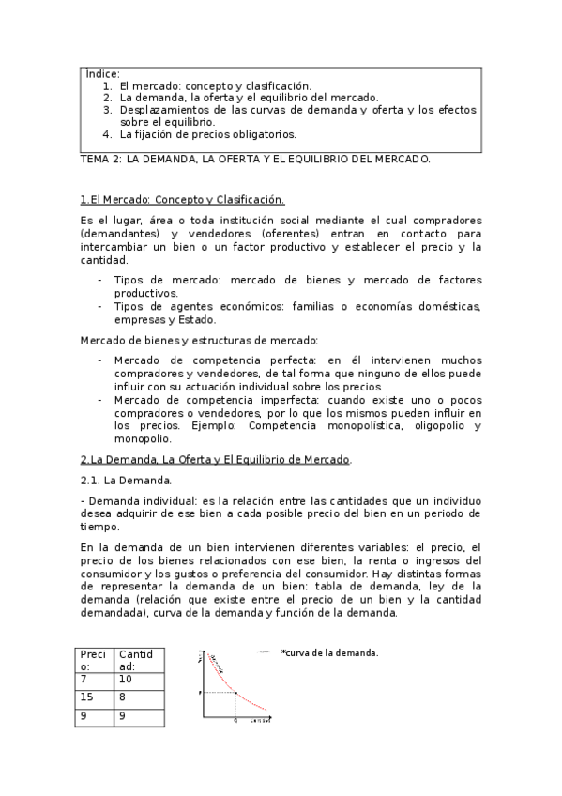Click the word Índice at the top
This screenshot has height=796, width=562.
tap(102, 73)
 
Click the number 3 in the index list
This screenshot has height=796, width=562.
tap(108, 109)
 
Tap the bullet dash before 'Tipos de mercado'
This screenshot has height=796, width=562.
tap(100, 280)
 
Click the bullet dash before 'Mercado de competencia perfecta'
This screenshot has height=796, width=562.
tap(100, 360)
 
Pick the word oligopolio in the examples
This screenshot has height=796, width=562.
tap(424, 425)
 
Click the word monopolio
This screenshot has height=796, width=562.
tap(142, 438)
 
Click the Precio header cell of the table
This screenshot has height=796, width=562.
tap(94, 660)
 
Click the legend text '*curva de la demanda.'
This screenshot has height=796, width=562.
tap(329, 653)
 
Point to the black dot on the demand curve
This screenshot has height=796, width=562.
tap(235, 693)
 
